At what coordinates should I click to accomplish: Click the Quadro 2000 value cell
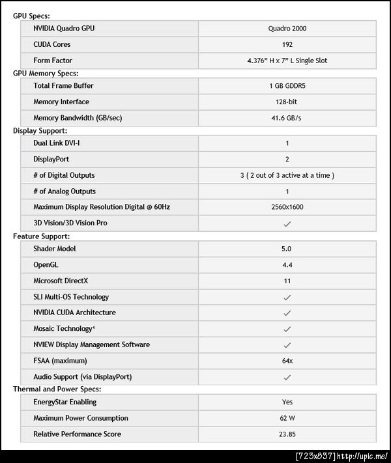point(287,29)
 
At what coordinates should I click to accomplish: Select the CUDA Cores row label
point(52,44)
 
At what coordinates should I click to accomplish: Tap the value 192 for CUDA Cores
point(287,44)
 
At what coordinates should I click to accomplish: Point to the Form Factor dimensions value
point(287,61)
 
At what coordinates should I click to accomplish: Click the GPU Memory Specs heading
point(46,74)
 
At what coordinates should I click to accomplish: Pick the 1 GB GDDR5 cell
point(287,86)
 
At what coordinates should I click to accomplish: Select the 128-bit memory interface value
point(287,102)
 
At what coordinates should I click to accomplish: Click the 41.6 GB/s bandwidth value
point(287,118)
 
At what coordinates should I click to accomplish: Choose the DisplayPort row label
point(51,159)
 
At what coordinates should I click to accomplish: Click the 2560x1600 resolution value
point(287,207)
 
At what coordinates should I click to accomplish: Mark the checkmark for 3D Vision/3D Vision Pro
point(287,223)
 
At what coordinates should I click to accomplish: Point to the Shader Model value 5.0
point(287,249)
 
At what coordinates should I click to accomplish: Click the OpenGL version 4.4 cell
point(287,264)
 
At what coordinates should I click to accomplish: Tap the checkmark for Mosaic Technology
point(287,329)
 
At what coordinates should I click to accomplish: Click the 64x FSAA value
point(287,361)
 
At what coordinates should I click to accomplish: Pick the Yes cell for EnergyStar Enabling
point(287,402)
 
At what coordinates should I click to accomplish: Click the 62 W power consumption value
point(287,418)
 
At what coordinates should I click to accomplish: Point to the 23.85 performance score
point(287,434)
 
